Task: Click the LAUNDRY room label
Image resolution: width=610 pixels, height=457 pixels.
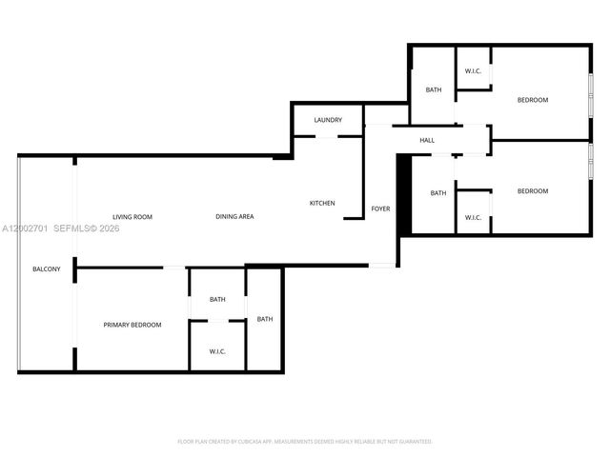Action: pos(328,120)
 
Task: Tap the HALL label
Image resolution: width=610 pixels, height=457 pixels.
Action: pos(427,141)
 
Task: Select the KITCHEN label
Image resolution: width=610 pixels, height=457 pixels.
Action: pos(322,203)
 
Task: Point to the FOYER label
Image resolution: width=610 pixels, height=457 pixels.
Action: pos(380,209)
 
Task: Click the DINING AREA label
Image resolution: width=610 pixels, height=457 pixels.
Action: pos(234,217)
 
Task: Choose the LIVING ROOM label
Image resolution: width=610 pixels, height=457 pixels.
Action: pos(132,217)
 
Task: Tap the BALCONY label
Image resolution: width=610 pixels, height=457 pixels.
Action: pos(47,269)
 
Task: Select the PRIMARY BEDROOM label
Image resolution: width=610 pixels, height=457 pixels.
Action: pos(132,325)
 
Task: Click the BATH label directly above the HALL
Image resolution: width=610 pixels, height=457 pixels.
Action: pos(434,90)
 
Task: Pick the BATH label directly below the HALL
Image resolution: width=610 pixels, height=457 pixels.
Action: pos(437,193)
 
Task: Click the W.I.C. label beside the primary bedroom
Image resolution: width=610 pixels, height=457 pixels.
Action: pos(217,352)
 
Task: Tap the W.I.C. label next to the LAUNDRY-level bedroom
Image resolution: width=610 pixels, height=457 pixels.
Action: pos(473,71)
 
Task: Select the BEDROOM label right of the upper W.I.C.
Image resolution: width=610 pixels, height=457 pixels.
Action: pos(533,100)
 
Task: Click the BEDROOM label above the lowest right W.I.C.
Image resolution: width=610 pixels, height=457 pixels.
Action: pos(533,191)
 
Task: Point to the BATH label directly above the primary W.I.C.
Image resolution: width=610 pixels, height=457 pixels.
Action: pos(217,300)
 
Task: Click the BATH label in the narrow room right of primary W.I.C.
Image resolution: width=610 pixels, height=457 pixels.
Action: pos(265,319)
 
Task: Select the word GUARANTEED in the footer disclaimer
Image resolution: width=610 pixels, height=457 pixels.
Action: pos(414,442)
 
